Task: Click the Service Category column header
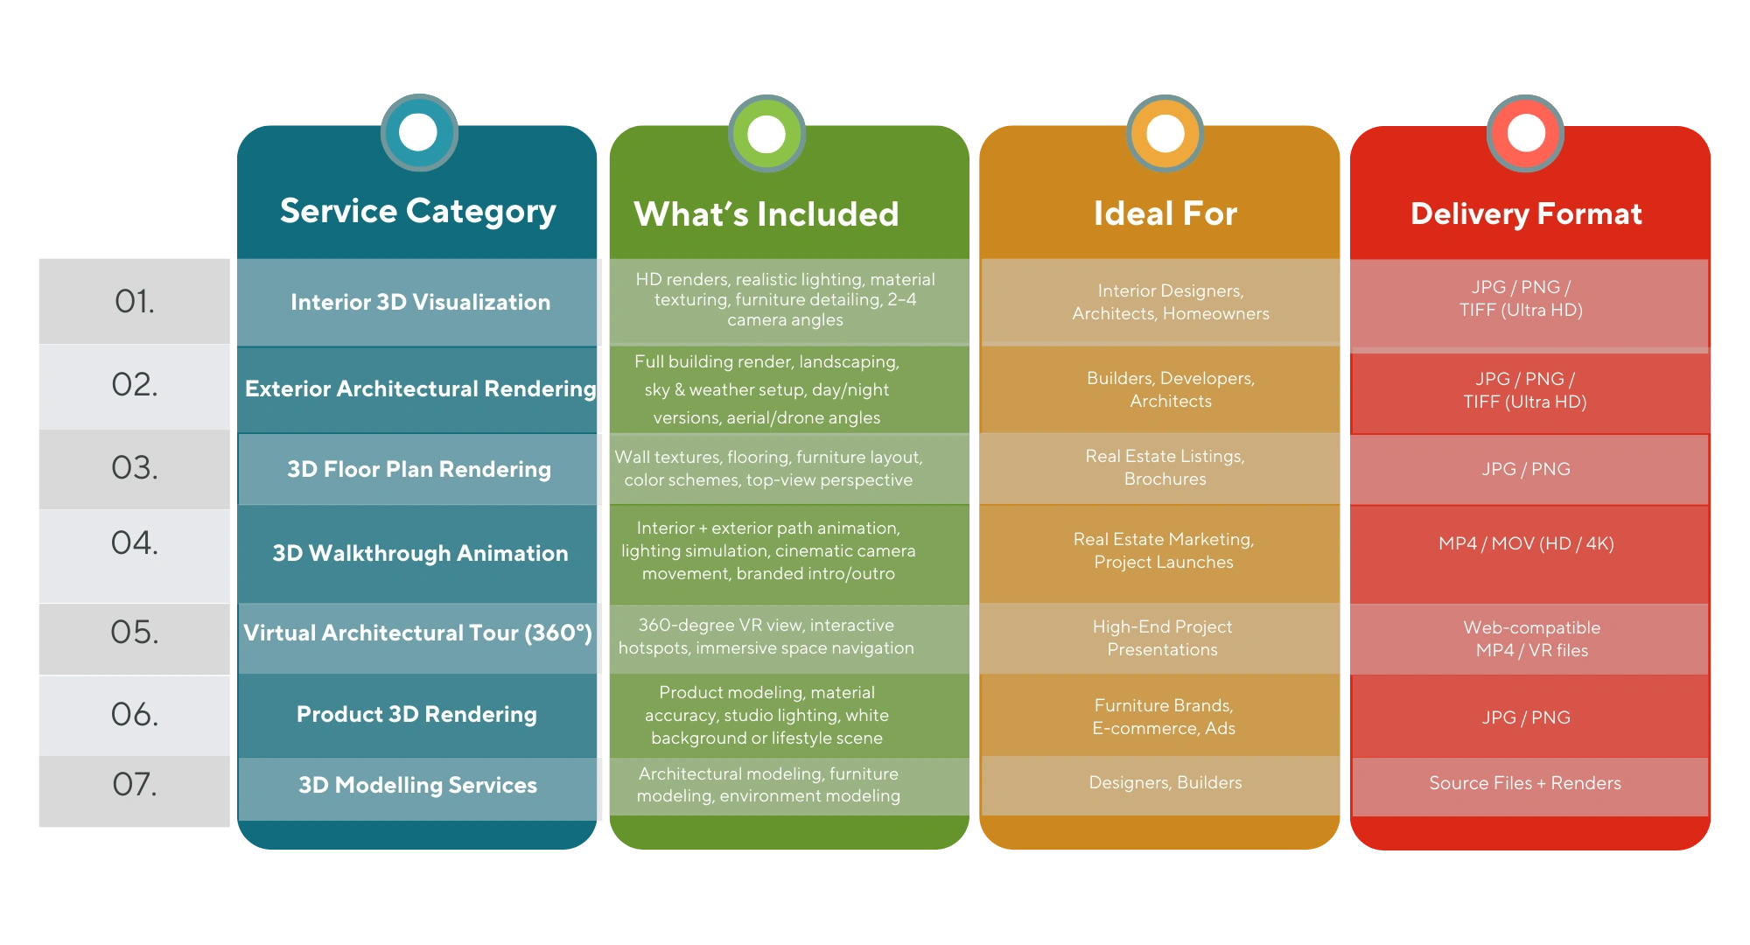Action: (417, 211)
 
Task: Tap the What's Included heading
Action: (766, 214)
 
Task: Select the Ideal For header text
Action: (1165, 214)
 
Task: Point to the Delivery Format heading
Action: (1526, 214)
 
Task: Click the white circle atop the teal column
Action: (418, 133)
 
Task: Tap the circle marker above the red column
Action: (1526, 134)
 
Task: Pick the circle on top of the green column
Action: (766, 135)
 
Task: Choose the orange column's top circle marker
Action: (1165, 134)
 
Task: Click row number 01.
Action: (135, 302)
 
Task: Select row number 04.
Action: (135, 543)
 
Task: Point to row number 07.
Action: (135, 784)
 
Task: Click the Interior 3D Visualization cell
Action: (420, 302)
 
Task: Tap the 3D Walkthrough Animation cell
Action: (420, 553)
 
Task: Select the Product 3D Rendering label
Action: (416, 714)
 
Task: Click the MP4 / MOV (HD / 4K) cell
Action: (1526, 543)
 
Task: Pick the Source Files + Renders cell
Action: (1525, 783)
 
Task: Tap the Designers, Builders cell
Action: (1165, 782)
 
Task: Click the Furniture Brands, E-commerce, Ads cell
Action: (1164, 717)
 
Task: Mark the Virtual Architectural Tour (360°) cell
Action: (417, 633)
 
